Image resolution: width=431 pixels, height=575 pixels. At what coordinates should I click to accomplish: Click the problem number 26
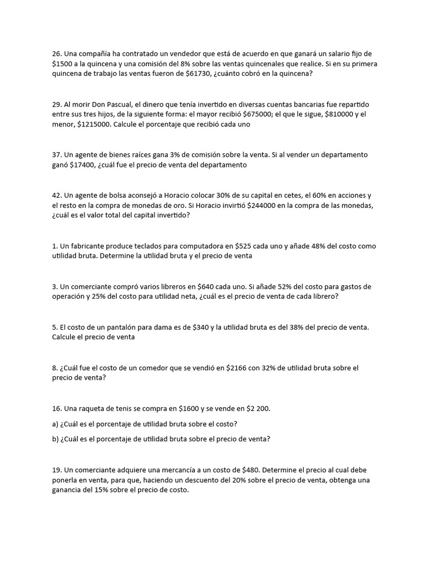coord(56,53)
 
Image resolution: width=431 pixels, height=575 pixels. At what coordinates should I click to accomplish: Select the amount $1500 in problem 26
coord(62,63)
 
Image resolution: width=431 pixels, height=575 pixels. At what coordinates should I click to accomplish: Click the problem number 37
coord(56,155)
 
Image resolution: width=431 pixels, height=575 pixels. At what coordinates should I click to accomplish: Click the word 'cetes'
coord(272,195)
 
